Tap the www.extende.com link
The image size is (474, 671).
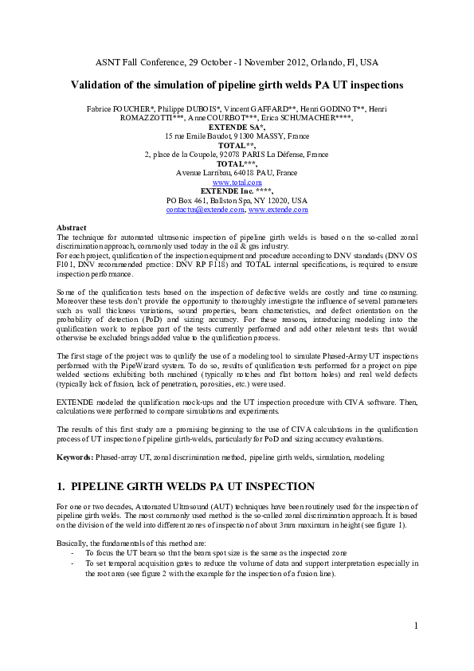pyautogui.click(x=278, y=209)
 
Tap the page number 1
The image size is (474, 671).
pyautogui.click(x=416, y=626)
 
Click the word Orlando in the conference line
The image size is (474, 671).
pyautogui.click(x=318, y=61)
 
